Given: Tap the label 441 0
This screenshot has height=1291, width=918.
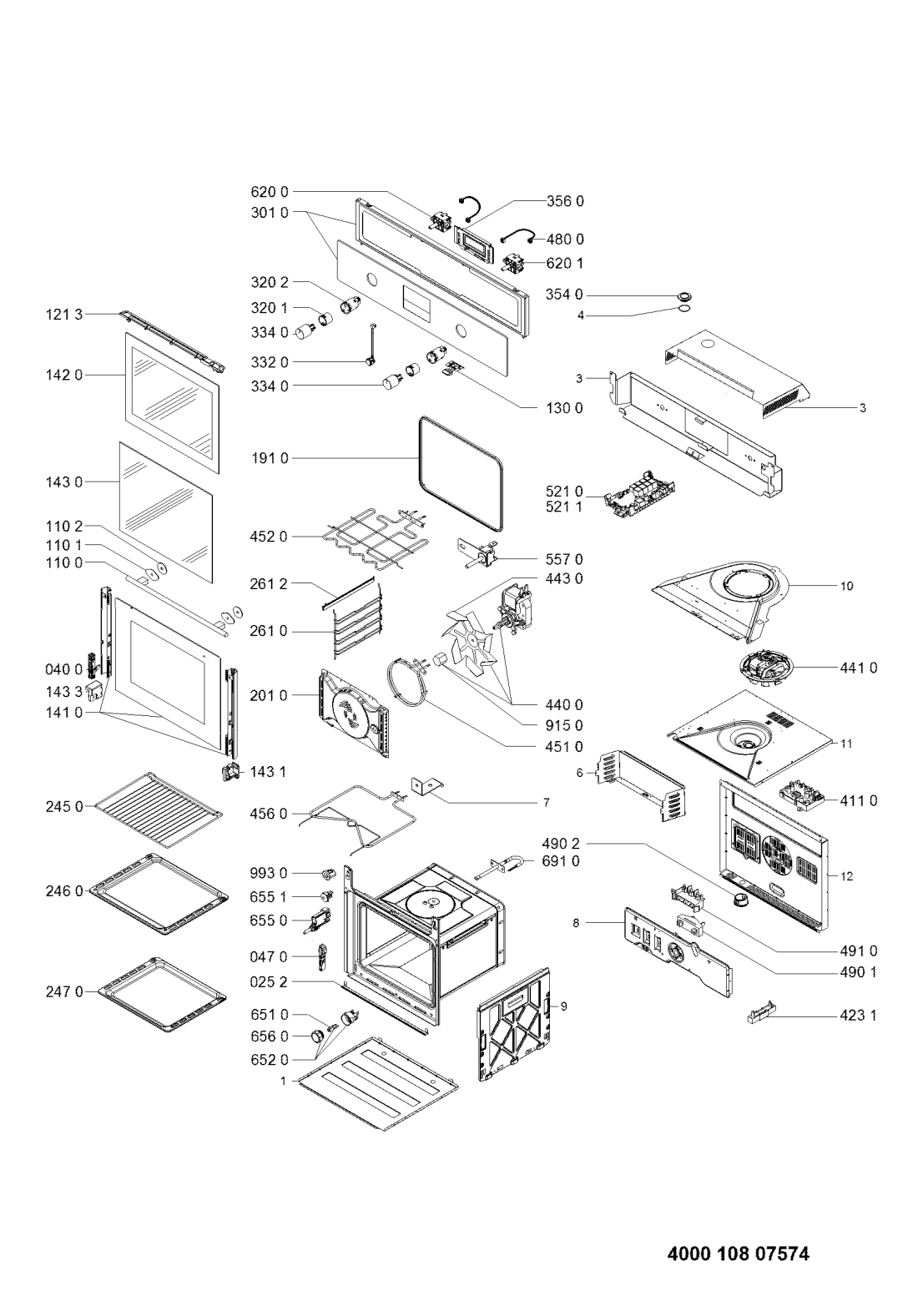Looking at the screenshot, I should click(858, 668).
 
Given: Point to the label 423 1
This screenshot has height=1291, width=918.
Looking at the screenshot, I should click(858, 1016).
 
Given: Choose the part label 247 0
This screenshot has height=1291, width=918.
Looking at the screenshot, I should click(64, 991).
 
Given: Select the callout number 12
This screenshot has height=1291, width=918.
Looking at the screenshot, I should click(847, 876).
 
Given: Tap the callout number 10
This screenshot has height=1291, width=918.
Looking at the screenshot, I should click(847, 586).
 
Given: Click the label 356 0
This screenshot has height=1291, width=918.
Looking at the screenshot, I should click(565, 201).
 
